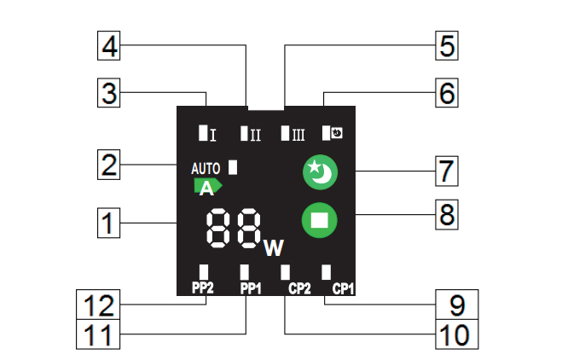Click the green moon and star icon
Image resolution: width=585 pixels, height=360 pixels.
pos(320,173)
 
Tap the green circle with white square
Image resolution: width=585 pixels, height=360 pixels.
pos(320,219)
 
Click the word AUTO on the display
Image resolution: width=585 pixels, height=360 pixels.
pos(206,168)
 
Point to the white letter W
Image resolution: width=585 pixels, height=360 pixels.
pos(273,247)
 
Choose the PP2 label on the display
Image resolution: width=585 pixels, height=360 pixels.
pos(201,288)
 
